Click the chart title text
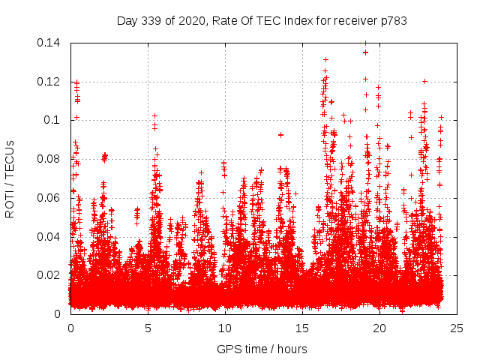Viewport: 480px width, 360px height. tap(262, 21)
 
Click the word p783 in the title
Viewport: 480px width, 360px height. tap(393, 21)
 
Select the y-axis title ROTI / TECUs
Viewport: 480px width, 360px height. tap(10, 178)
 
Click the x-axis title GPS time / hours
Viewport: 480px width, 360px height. tap(262, 349)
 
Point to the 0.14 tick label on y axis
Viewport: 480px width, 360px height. tap(51, 43)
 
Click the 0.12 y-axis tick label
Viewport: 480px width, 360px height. tap(51, 81)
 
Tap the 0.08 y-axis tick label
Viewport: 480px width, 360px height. tap(51, 159)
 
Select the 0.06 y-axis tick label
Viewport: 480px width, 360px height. tap(51, 198)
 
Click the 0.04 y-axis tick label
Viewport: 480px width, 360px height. tap(51, 236)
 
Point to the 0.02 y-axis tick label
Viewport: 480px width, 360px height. tap(51, 275)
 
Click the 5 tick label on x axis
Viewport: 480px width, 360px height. tap(148, 328)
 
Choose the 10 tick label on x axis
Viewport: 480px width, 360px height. tap(225, 328)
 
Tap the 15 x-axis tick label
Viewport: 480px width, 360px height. tap(302, 328)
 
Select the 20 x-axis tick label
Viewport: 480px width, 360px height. tap(379, 328)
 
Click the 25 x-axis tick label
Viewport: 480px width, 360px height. tap(457, 328)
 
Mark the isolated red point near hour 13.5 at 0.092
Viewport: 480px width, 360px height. tap(280, 135)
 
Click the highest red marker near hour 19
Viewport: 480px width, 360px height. tap(365, 52)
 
